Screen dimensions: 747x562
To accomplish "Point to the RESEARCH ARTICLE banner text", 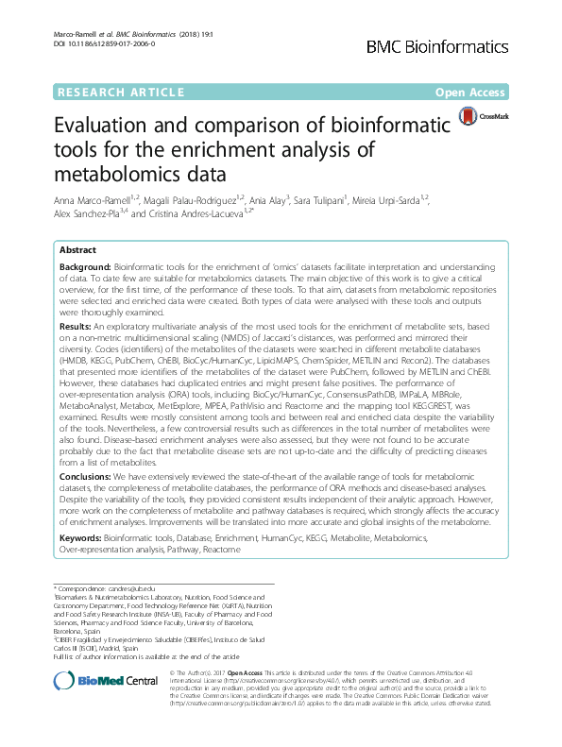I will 121,93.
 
